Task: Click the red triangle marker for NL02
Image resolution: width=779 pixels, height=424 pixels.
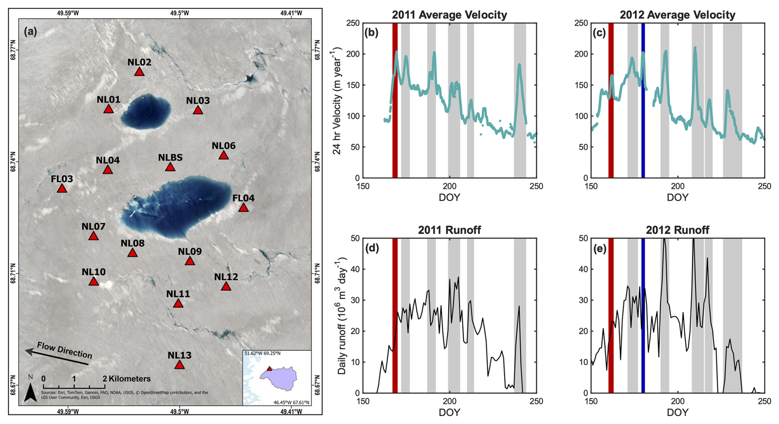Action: click(x=140, y=72)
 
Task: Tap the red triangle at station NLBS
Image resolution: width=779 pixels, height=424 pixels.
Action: click(x=170, y=167)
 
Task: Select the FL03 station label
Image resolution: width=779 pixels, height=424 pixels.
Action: click(x=62, y=179)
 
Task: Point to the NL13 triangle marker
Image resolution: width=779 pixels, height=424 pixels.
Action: click(x=179, y=365)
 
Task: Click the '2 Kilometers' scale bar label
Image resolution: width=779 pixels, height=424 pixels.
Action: click(x=127, y=379)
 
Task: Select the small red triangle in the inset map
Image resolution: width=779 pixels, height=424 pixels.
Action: click(x=269, y=369)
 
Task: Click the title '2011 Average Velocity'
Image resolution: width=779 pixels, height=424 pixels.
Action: click(x=449, y=15)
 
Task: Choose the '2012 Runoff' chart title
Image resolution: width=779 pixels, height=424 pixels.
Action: click(x=677, y=230)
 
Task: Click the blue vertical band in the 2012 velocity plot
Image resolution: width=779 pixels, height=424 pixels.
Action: click(x=643, y=100)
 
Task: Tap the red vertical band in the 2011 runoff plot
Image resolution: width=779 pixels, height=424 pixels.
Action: click(x=395, y=315)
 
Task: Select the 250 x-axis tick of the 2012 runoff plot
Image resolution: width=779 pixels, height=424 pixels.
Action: click(x=764, y=401)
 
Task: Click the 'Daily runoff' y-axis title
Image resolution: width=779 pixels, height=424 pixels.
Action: click(x=342, y=316)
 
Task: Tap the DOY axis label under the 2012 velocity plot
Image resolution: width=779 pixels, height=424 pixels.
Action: click(x=677, y=197)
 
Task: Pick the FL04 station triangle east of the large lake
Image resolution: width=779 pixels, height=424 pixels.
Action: click(x=243, y=208)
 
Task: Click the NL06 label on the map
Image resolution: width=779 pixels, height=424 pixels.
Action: click(x=224, y=146)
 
